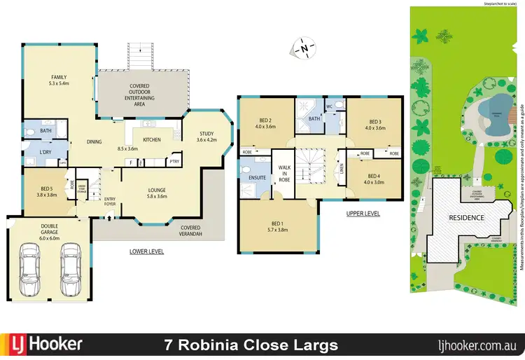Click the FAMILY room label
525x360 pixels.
(57, 77)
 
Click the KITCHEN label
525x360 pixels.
(151, 140)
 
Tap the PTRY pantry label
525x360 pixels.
(174, 162)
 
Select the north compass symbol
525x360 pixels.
(302, 49)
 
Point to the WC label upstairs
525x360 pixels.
(328, 106)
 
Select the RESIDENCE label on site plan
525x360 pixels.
(466, 218)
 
